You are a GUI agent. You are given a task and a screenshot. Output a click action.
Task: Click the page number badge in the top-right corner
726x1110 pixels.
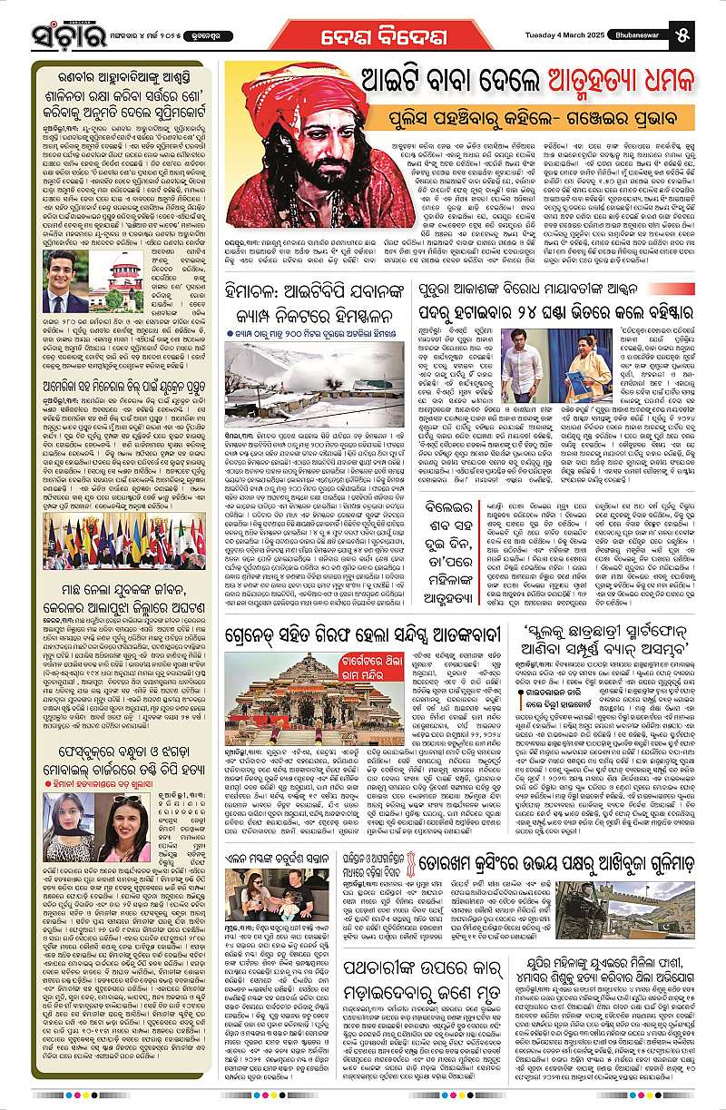click(x=706, y=34)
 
